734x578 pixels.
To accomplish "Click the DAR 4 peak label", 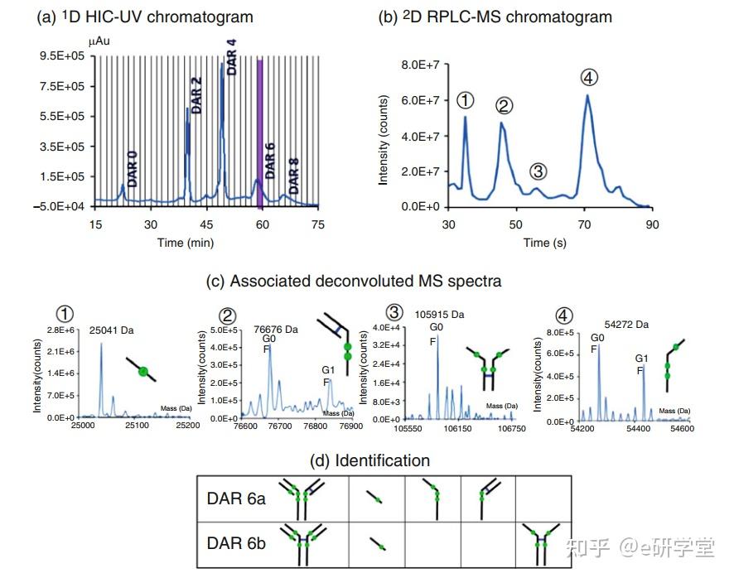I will [231, 55].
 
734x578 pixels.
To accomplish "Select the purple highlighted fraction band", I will [260, 132].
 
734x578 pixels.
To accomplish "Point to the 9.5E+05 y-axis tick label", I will [70, 55].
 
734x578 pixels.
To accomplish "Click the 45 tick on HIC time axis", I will [206, 224].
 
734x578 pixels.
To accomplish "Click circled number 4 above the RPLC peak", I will [589, 78].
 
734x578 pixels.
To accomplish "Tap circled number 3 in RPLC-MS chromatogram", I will [538, 171].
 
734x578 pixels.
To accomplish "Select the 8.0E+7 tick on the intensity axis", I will [419, 65].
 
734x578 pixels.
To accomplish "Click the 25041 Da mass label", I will [112, 330].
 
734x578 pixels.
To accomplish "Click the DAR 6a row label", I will [237, 499].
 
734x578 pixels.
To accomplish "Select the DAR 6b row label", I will [237, 543].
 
